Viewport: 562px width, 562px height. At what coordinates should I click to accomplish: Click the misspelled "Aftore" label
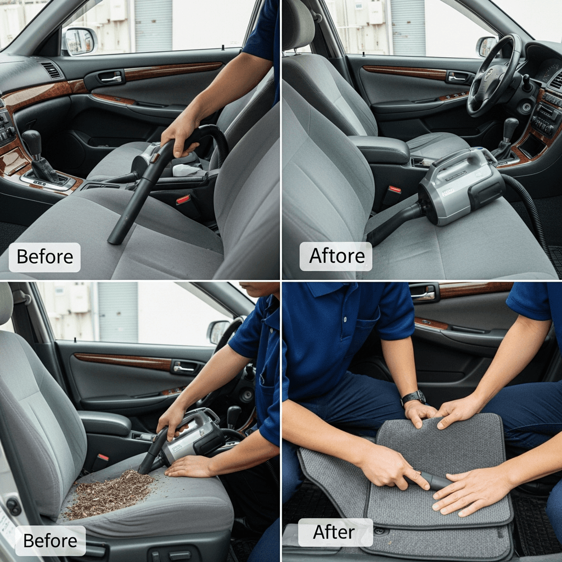(x=336, y=256)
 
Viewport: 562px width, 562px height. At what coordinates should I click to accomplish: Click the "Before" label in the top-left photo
(x=45, y=257)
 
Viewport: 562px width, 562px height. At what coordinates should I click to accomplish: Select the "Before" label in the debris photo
(x=50, y=541)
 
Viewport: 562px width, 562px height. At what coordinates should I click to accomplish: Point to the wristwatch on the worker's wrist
(x=414, y=397)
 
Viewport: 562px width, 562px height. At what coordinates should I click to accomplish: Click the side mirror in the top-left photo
(x=79, y=41)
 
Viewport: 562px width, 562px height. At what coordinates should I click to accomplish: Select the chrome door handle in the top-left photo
(x=111, y=77)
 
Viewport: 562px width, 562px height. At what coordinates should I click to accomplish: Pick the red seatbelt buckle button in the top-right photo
(x=394, y=190)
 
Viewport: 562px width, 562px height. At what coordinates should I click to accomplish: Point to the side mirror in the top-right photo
(x=486, y=46)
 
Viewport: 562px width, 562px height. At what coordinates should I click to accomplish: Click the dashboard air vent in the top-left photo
(x=52, y=71)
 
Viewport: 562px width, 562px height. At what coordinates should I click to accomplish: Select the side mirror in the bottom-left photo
(x=218, y=331)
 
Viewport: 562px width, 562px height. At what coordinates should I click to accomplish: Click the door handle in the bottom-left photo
(x=183, y=368)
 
